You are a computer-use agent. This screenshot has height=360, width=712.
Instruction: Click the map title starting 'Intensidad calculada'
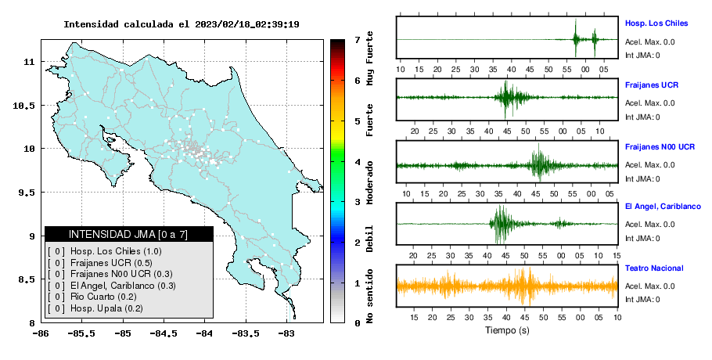(x=182, y=24)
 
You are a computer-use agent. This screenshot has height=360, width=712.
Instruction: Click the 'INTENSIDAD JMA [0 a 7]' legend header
(x=128, y=234)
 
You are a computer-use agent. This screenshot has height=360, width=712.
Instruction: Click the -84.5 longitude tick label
(x=164, y=334)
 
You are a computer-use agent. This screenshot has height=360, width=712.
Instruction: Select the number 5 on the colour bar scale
(x=358, y=121)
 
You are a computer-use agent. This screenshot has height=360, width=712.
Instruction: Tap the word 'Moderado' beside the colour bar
(x=369, y=182)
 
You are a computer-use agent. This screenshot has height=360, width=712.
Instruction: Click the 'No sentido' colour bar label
(x=369, y=296)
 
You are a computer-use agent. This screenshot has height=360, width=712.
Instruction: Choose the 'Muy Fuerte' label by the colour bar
(x=369, y=58)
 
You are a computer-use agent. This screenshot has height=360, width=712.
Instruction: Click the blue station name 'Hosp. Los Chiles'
(x=656, y=23)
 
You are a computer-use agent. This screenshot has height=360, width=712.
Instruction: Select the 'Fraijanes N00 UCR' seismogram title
(x=660, y=147)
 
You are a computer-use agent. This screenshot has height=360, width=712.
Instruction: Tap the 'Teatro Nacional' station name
(x=654, y=268)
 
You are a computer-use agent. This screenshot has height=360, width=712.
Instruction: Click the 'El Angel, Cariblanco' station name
(x=663, y=207)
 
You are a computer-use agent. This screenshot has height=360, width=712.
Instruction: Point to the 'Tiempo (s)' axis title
(x=507, y=330)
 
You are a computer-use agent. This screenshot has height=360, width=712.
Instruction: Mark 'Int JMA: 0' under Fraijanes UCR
(x=642, y=117)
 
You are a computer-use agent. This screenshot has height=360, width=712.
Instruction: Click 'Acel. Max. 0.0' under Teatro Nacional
(x=649, y=286)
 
